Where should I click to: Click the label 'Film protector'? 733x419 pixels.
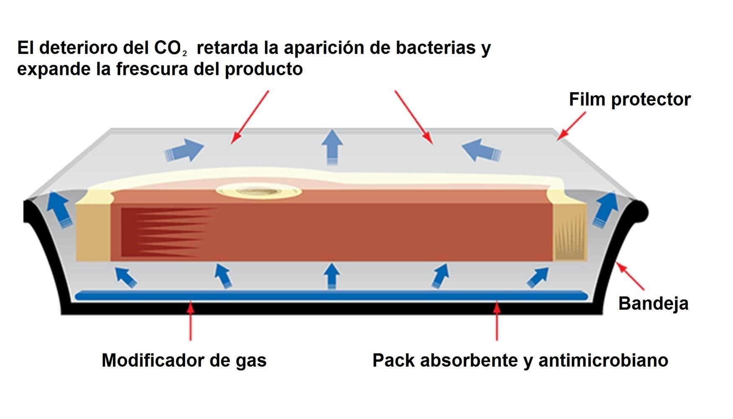629,100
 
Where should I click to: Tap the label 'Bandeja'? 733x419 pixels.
653,303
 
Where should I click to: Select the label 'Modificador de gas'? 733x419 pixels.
184,360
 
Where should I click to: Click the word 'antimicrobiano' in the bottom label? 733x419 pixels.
603,360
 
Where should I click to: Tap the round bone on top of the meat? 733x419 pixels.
259,192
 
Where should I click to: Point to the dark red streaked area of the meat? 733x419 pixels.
163,233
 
